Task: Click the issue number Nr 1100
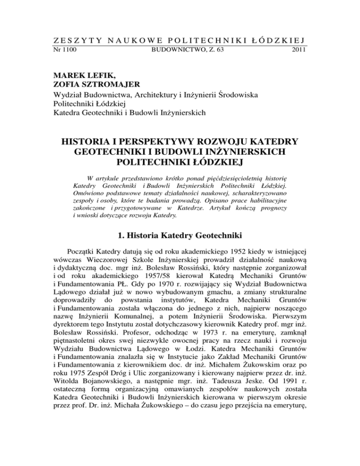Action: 65,49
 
